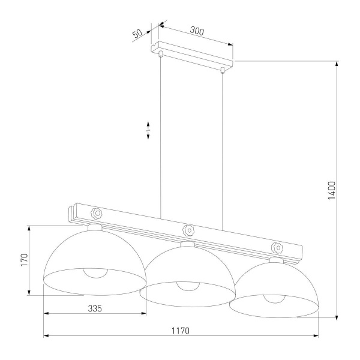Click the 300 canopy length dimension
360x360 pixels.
point(197,30)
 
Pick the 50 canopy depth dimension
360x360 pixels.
point(137,34)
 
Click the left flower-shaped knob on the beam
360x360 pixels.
point(97,212)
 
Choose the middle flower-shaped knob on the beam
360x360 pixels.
point(188,229)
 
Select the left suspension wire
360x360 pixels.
point(160,138)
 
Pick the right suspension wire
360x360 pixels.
point(223,150)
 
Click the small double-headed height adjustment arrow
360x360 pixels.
point(148,131)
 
